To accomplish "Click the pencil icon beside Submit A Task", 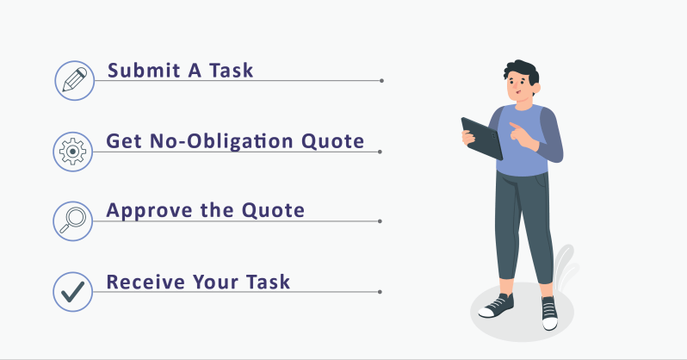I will point(74,80).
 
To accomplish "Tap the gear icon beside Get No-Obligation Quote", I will point(74,152).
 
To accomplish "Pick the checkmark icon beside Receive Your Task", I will point(73,291).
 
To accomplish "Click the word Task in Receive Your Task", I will point(266,282).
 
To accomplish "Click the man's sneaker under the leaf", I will point(548,312).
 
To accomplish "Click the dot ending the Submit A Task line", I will point(381,81).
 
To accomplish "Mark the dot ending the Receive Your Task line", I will point(381,292).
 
